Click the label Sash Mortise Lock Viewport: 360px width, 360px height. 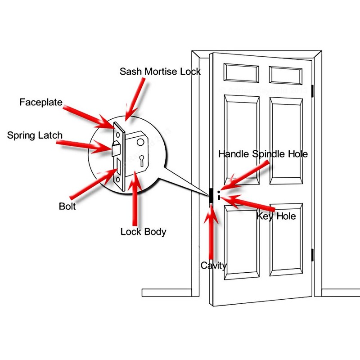click(x=160, y=72)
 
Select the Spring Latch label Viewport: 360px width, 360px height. click(x=35, y=135)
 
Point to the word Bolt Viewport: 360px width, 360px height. click(x=67, y=207)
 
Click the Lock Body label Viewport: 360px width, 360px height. click(x=144, y=232)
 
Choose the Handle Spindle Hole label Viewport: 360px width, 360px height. click(x=263, y=154)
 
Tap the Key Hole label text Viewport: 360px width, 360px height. click(x=276, y=216)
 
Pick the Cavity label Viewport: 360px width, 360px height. click(x=214, y=265)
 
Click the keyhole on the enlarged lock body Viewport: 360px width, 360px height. click(x=142, y=160)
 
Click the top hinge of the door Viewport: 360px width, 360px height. click(x=314, y=89)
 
